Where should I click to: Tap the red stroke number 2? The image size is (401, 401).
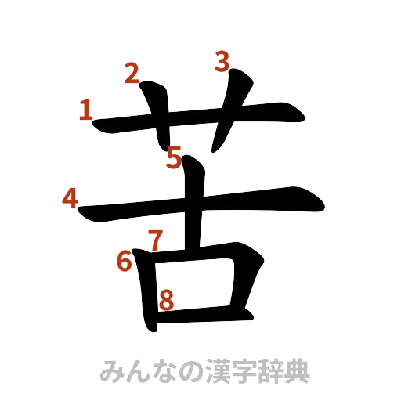pyautogui.click(x=131, y=74)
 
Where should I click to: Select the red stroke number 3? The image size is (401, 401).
pyautogui.click(x=222, y=61)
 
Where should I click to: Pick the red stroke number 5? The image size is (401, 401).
pyautogui.click(x=174, y=157)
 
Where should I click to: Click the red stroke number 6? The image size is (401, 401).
pyautogui.click(x=124, y=261)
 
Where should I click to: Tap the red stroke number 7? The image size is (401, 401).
pyautogui.click(x=154, y=237)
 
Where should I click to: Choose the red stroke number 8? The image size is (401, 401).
pyautogui.click(x=166, y=298)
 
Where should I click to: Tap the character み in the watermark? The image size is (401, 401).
pyautogui.click(x=111, y=370)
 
